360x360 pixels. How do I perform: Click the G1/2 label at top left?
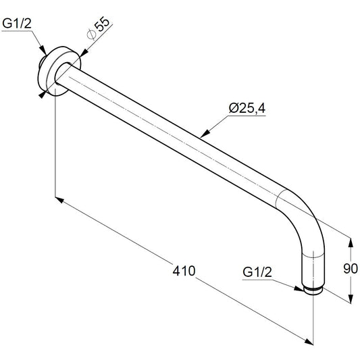(x=17, y=23)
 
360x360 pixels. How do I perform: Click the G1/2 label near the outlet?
(x=257, y=272)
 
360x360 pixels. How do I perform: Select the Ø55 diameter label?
(x=99, y=28)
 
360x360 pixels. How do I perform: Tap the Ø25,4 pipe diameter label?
(x=247, y=108)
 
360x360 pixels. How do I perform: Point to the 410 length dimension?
(x=184, y=271)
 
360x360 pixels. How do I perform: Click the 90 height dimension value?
(x=351, y=268)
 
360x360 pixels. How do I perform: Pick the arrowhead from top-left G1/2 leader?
(x=43, y=50)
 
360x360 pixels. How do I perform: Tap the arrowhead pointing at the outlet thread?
(x=299, y=288)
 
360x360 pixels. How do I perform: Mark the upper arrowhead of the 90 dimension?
(x=351, y=243)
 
